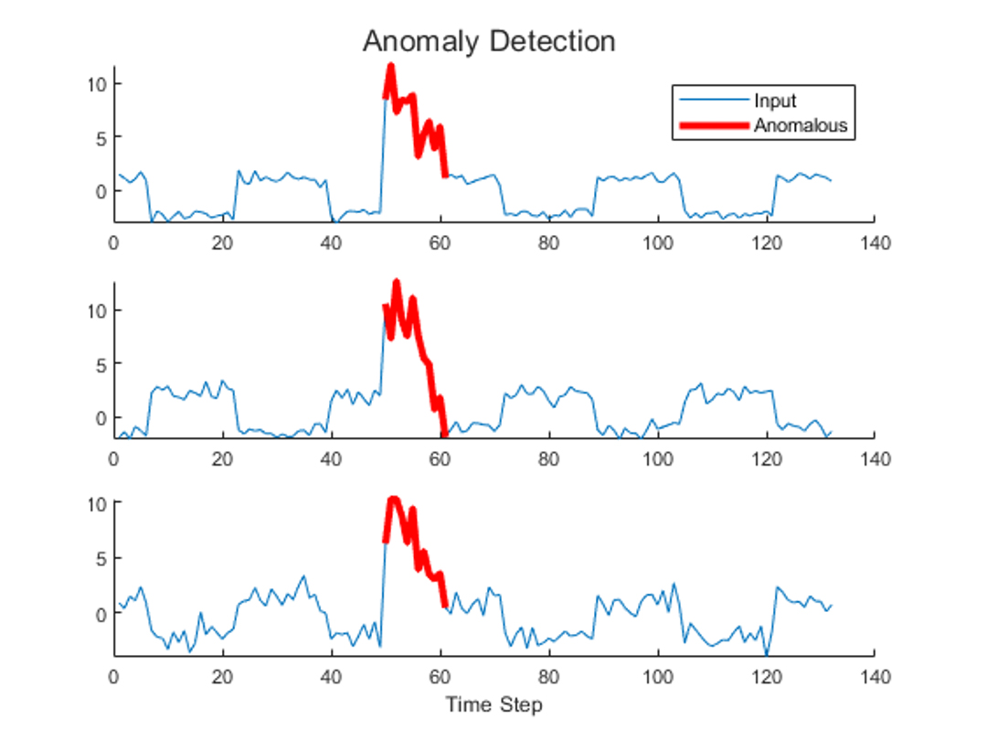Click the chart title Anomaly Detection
(489, 41)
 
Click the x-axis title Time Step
(493, 704)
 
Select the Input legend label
(775, 101)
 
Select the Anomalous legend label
(801, 125)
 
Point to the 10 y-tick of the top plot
(97, 84)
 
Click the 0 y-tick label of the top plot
(101, 190)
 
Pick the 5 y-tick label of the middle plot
(101, 363)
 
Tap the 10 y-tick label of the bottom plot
(97, 503)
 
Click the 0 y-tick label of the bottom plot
(101, 614)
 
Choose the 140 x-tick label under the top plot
(875, 243)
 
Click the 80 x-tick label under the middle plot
(548, 458)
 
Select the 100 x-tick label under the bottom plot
(657, 678)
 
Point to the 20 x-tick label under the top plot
(222, 243)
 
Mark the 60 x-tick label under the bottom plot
(440, 678)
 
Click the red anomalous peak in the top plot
(390, 68)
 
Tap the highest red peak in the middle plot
(397, 283)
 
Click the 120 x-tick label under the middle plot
(766, 458)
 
